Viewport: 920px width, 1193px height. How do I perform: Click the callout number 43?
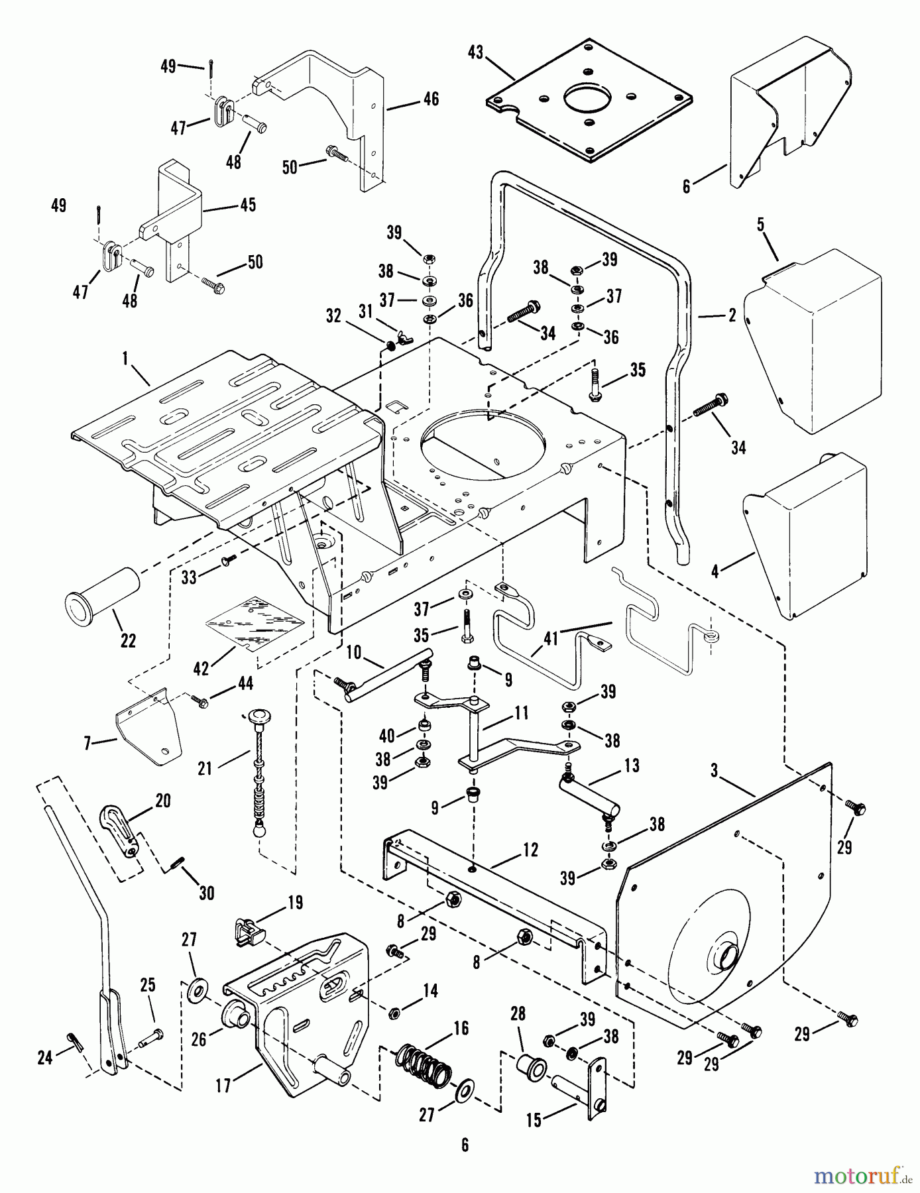pyautogui.click(x=475, y=52)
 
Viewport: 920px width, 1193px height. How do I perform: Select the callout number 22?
pyautogui.click(x=128, y=640)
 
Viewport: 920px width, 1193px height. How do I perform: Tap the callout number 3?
pyautogui.click(x=714, y=771)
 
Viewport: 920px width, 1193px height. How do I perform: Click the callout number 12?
pyautogui.click(x=531, y=850)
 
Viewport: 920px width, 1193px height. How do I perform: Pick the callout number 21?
pyautogui.click(x=205, y=768)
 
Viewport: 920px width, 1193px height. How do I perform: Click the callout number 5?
pyautogui.click(x=761, y=224)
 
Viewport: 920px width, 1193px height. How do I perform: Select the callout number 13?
pyautogui.click(x=632, y=766)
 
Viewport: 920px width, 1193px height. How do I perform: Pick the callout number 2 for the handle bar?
pyautogui.click(x=732, y=315)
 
